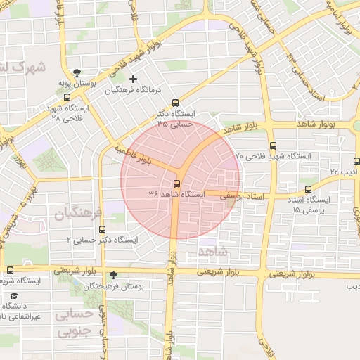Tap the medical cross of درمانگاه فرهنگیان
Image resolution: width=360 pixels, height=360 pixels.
[133, 79]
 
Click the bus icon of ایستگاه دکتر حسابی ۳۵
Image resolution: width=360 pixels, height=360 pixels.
[175, 103]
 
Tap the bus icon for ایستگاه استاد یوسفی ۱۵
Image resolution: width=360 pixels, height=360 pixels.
[308, 188]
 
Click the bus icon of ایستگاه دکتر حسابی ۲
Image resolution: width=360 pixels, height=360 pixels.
[103, 229]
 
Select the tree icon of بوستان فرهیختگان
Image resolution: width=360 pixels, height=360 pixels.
[115, 275]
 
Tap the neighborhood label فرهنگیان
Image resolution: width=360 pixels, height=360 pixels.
[76, 211]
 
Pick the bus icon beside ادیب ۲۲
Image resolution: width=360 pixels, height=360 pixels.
[356, 161]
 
